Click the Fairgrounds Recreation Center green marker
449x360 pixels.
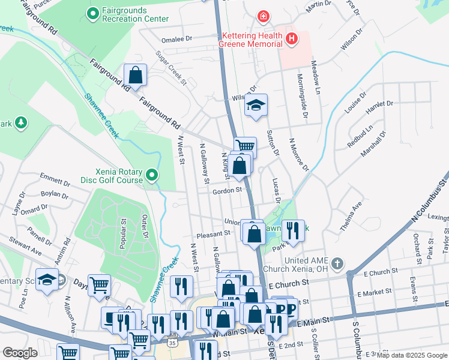point(93,13)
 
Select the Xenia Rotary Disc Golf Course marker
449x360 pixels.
point(152,175)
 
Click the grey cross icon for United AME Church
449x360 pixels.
point(338,263)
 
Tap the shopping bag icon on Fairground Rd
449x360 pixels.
point(136,76)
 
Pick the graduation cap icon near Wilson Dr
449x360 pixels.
point(256,106)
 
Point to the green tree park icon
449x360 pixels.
point(22,123)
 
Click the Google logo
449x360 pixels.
point(20,353)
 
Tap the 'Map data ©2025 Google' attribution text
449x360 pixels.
point(412,355)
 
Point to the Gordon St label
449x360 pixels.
point(227,191)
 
